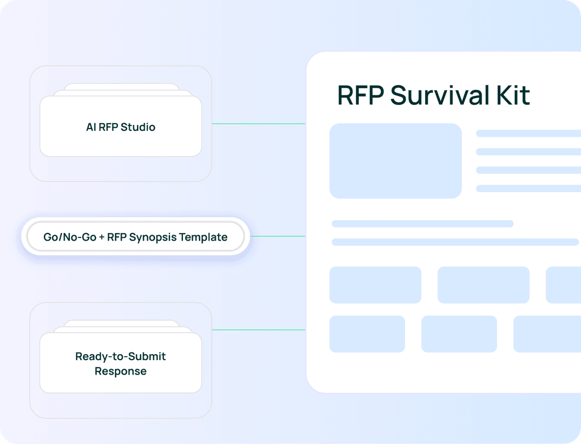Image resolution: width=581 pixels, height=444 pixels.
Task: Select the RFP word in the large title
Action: click(360, 95)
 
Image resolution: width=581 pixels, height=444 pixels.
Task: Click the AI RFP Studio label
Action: click(121, 127)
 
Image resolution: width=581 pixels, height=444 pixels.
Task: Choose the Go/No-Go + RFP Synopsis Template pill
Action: click(135, 237)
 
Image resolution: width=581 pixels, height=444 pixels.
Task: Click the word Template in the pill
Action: click(203, 237)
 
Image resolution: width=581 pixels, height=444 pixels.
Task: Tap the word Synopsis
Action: click(153, 237)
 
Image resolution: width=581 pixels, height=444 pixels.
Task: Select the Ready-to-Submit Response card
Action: click(121, 363)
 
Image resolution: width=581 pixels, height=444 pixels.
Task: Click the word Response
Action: click(121, 371)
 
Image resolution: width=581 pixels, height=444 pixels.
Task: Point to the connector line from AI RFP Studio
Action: click(259, 124)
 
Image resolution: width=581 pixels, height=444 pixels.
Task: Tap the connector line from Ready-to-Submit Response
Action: click(259, 330)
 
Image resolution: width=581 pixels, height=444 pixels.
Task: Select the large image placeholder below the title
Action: click(395, 161)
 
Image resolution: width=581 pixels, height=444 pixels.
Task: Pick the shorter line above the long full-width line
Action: click(422, 224)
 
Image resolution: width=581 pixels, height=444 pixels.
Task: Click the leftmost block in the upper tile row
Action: click(375, 285)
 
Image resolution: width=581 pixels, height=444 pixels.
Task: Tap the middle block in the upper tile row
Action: click(483, 285)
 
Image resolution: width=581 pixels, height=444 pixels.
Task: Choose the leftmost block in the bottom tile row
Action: click(367, 334)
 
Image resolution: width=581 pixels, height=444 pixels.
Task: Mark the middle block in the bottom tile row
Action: click(459, 334)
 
